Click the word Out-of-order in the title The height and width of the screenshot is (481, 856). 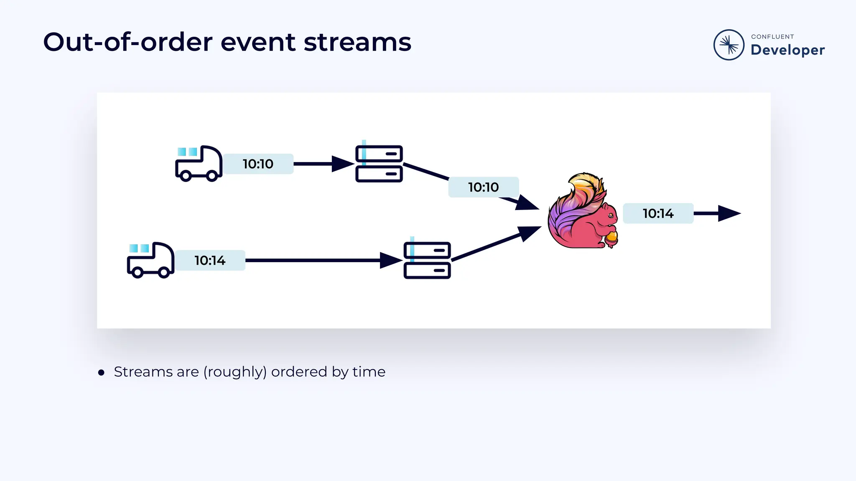coord(128,42)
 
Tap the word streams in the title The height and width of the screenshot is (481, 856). coord(357,42)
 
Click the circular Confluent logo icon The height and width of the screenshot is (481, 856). coord(729,45)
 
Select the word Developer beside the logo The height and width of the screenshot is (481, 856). coord(787,50)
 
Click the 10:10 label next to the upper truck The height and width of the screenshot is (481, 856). coord(258,164)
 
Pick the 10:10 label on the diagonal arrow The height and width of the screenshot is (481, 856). coord(483,187)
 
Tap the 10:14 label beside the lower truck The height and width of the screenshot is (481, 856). coord(210,261)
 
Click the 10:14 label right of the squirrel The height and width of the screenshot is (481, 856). coord(658,214)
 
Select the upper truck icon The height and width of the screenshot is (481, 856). coord(199,163)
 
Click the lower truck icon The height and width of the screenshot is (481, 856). coord(150,260)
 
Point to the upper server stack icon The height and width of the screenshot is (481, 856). coord(379,164)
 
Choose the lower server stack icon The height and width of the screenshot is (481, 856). coord(427,260)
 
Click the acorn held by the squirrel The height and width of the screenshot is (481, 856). coord(611,238)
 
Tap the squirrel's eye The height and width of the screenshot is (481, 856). coord(610,215)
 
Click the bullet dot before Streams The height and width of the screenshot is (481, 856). coord(101,372)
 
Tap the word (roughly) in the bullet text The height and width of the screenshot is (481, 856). coord(235,372)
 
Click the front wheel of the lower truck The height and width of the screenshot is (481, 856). coord(164,273)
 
